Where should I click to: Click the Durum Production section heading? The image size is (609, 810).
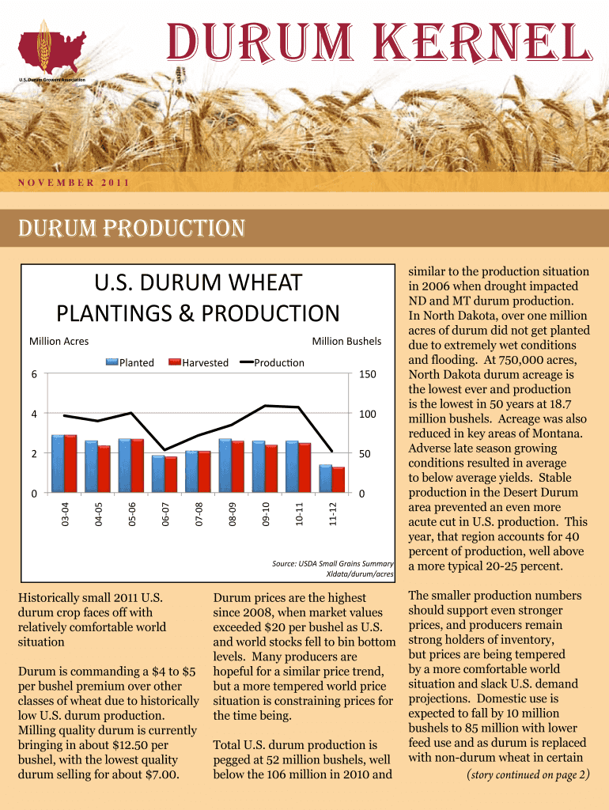click(126, 229)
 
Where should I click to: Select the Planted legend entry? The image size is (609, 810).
click(130, 363)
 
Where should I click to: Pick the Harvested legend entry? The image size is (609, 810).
click(199, 363)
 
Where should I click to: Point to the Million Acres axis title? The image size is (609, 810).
click(59, 342)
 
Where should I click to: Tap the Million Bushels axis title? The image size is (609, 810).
click(346, 342)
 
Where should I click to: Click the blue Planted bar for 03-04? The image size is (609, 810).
click(58, 464)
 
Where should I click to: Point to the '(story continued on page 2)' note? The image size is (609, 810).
click(528, 774)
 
